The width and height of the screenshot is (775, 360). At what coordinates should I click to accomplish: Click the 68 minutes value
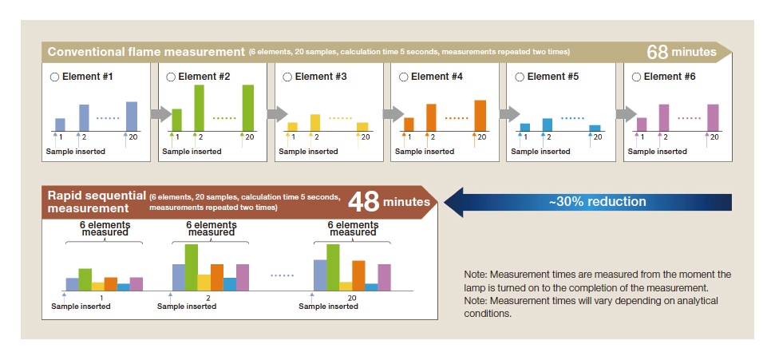pos(682,52)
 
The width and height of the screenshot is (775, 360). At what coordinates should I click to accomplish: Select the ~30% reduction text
pos(596,201)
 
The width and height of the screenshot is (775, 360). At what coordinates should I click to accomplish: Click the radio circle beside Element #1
pos(54,77)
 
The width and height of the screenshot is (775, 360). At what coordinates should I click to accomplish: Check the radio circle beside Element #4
pos(403,77)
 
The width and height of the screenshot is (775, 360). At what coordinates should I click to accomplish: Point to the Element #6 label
pos(670,77)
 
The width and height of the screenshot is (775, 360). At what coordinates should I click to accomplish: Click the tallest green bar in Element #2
pos(200,107)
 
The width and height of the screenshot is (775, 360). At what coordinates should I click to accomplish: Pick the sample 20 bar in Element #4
pos(480,115)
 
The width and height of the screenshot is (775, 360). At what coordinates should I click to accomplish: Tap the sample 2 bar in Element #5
pos(547,124)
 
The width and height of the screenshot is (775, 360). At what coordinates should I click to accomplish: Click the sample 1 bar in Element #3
pos(292,126)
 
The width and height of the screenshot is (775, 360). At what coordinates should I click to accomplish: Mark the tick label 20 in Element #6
pos(714,137)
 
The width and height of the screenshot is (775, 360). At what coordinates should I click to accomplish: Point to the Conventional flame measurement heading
pos(145,52)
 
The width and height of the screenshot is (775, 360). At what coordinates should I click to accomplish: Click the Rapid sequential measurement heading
pos(96,201)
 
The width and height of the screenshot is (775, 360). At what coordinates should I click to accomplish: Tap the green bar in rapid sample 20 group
pos(333,267)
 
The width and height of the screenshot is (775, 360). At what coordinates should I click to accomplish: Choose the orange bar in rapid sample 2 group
pos(217,276)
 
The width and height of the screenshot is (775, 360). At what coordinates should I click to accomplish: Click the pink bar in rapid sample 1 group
pos(136,283)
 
